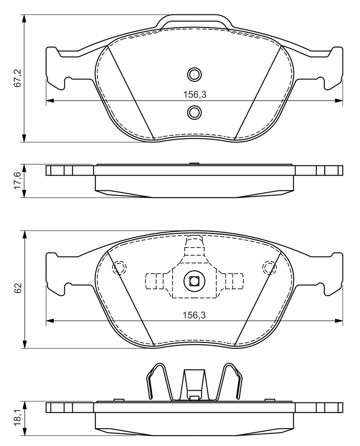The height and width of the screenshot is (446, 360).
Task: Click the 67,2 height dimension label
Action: (18, 78)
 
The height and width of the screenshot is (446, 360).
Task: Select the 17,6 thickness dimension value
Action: (18, 181)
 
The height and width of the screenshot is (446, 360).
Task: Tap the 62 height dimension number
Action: (18, 288)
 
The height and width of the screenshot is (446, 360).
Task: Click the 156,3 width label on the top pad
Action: (195, 95)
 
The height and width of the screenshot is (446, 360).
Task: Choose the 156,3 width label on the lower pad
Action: (194, 315)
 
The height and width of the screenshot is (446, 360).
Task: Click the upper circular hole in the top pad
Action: (195, 74)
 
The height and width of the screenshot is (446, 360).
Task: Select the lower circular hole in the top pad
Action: (195, 112)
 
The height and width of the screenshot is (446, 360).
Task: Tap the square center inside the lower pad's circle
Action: (194, 281)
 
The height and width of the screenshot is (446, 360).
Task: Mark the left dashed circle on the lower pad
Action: (119, 267)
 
